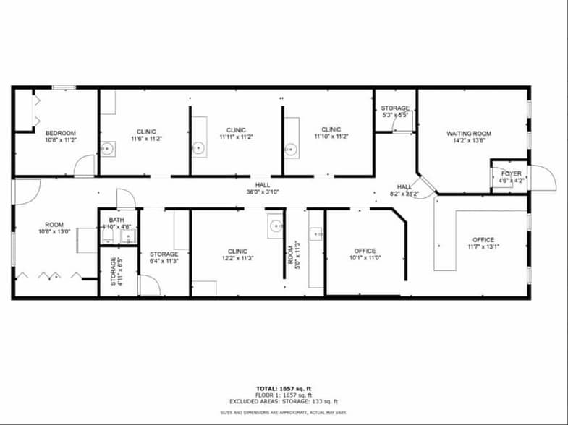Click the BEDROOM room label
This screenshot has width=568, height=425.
pyautogui.click(x=61, y=133)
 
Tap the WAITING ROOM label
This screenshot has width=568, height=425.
pyautogui.click(x=468, y=134)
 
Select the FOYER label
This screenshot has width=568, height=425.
pyautogui.click(x=511, y=173)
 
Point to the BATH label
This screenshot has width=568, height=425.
pyautogui.click(x=116, y=220)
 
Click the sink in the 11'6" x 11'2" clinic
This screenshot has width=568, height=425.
pyautogui.click(x=107, y=150)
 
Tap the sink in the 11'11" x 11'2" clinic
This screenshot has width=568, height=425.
pyautogui.click(x=199, y=149)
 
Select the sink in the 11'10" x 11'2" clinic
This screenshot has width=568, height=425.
pyautogui.click(x=291, y=150)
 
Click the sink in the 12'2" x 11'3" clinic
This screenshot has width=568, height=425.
pyautogui.click(x=276, y=226)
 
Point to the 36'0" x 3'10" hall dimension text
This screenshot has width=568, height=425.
pyautogui.click(x=262, y=192)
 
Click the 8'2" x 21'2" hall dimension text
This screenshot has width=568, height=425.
pyautogui.click(x=404, y=194)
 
